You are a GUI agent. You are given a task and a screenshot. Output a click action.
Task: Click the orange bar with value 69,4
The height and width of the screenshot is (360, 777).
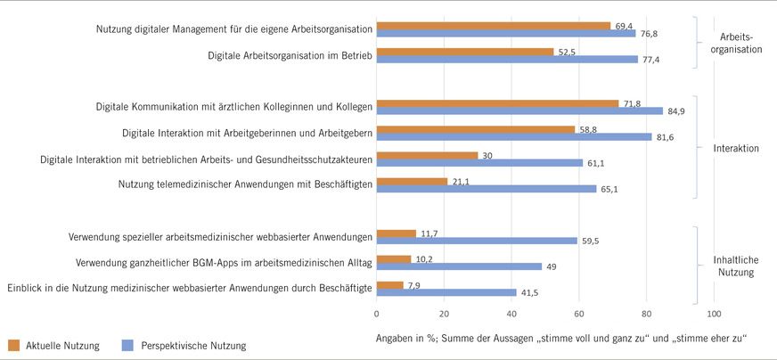point(494,26)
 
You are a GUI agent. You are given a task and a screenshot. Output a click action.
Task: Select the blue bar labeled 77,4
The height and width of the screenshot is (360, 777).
point(507,60)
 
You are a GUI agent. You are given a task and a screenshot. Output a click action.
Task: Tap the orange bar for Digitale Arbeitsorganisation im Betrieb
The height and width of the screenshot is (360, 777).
point(465,52)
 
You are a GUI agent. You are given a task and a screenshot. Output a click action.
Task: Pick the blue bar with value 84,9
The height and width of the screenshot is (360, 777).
point(519,111)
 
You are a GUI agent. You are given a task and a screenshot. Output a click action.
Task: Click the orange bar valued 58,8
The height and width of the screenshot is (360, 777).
point(476,129)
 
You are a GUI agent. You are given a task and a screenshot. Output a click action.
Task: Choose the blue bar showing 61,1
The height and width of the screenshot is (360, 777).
point(479,163)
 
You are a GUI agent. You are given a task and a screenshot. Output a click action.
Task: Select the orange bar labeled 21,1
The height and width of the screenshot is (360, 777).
point(413,182)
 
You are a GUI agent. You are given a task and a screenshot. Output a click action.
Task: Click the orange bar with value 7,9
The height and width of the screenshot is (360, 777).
point(390,285)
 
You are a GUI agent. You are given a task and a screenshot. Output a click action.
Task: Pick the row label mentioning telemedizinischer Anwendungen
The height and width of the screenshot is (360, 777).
point(244,184)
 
